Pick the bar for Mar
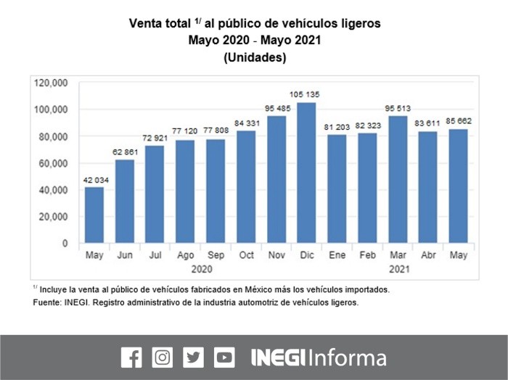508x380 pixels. click(x=398, y=179)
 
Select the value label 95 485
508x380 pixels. click(x=276, y=108)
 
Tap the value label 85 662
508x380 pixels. click(x=458, y=121)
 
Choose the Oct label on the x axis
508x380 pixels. click(x=246, y=256)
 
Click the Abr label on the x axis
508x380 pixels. click(x=427, y=256)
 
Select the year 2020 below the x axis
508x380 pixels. click(x=200, y=269)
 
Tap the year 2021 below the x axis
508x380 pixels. click(x=397, y=269)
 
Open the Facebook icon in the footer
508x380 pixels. click(x=131, y=358)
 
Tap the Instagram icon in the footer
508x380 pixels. click(x=163, y=358)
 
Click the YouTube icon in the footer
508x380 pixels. click(x=224, y=358)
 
